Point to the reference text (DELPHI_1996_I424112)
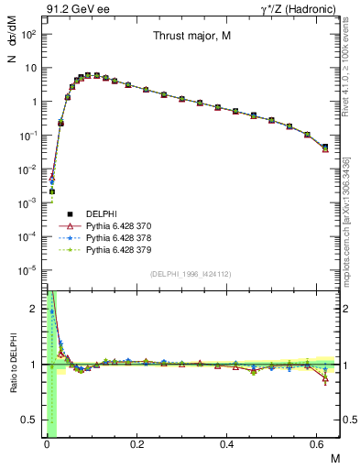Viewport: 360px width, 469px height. [x=191, y=273]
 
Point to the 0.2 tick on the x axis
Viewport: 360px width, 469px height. [x=136, y=444]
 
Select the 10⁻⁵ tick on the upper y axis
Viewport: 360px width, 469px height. [x=29, y=270]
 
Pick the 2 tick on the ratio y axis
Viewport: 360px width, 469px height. [x=35, y=309]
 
